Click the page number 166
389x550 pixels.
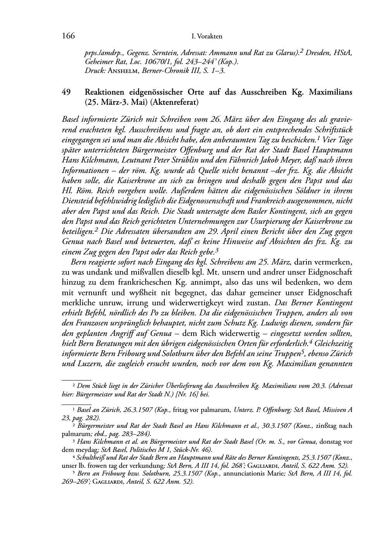click(x=68, y=36)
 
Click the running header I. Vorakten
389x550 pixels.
click(x=207, y=36)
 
